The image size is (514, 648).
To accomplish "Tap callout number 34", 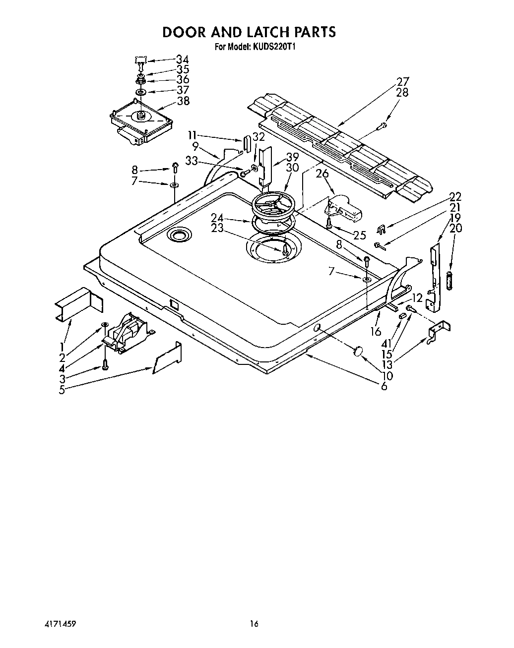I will point(183,59).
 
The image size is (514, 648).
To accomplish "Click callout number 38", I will point(183,101).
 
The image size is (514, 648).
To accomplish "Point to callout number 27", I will point(402,82).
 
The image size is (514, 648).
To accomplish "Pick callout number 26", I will point(322,174).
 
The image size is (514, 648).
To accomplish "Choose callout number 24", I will point(217,217).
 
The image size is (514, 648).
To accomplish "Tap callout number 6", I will point(384,386).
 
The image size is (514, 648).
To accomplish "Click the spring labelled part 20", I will point(450,281).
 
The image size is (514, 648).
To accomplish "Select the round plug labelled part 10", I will point(358,352).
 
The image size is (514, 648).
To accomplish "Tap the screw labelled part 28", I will point(383,126).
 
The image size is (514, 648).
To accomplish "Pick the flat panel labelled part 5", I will point(168,357).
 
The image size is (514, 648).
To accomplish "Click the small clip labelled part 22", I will point(381,229).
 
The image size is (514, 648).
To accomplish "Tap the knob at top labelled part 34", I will point(141,61).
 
